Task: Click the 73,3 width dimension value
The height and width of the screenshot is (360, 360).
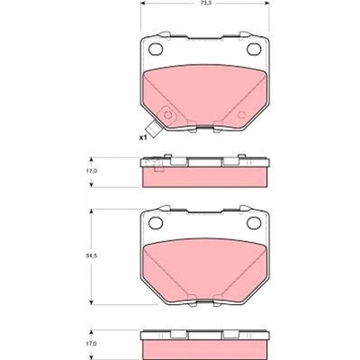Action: [x=205, y=3]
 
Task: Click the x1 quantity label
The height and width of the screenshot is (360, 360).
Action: [x=142, y=138]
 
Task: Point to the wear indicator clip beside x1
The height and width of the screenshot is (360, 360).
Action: [x=153, y=129]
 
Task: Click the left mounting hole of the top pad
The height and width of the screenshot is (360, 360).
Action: [x=156, y=49]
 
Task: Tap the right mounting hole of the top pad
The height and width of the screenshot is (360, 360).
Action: [x=254, y=49]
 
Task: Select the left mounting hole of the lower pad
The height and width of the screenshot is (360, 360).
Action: [x=156, y=222]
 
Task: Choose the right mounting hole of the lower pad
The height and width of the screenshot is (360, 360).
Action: [x=254, y=222]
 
